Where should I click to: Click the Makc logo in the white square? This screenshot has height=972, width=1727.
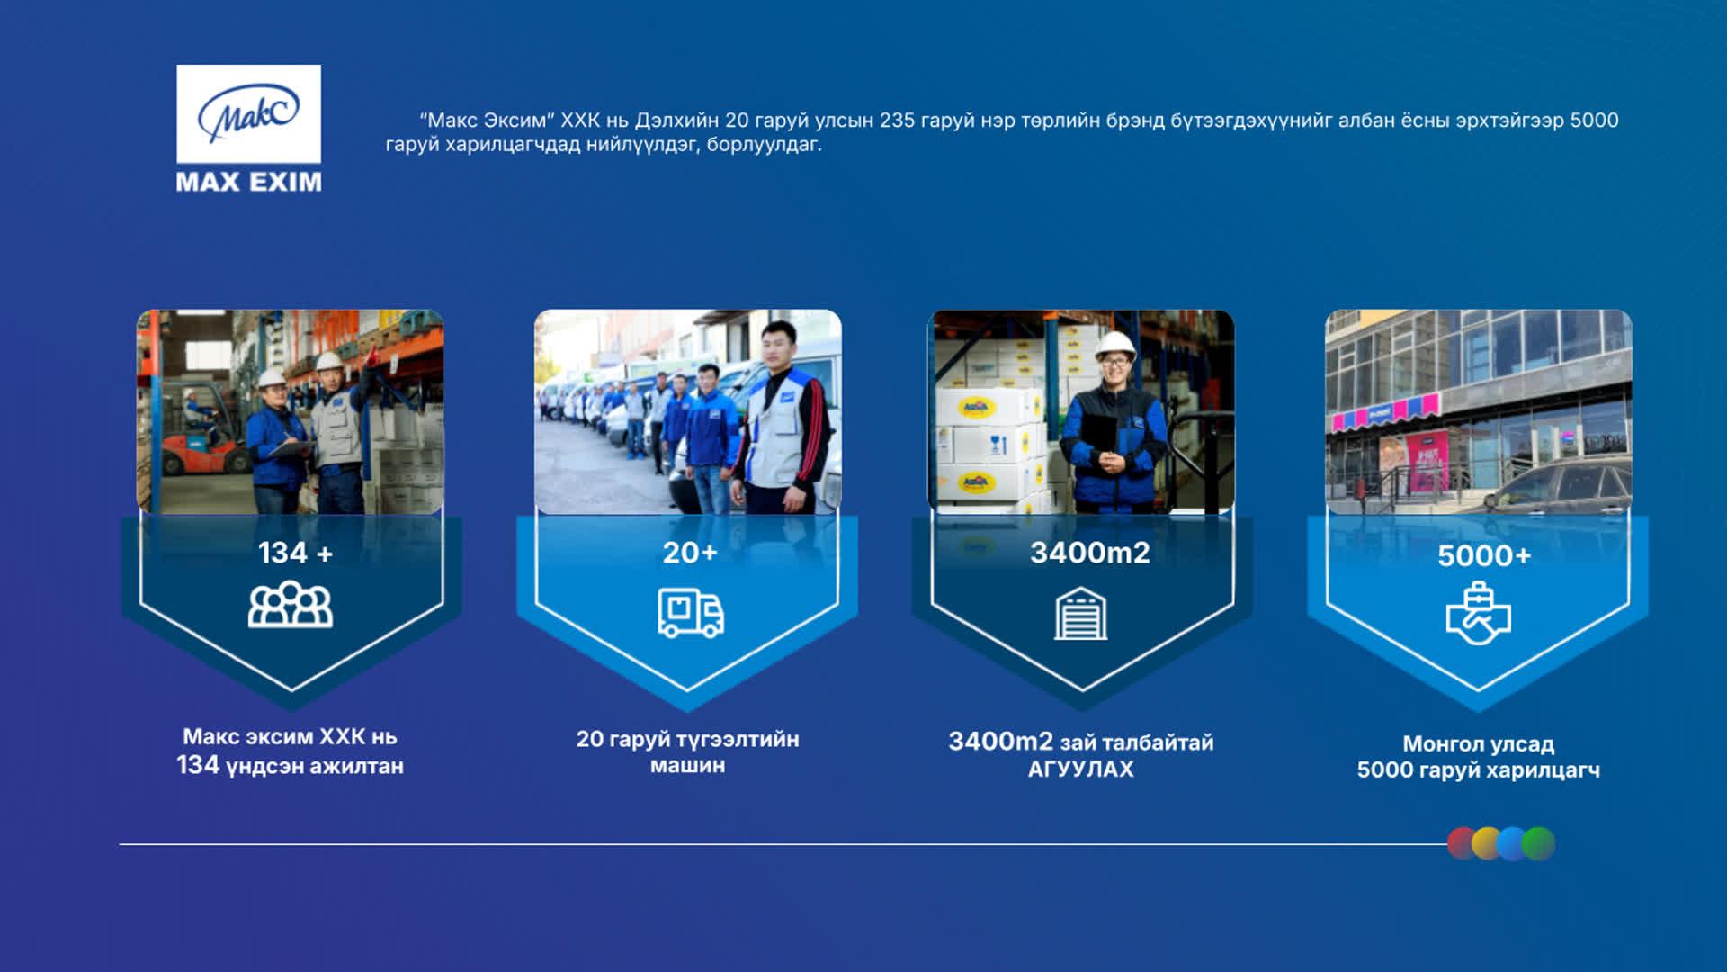248,113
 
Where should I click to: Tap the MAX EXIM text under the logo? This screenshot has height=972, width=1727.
249,182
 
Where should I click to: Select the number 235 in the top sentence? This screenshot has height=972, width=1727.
897,121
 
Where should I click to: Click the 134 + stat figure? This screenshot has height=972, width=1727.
295,553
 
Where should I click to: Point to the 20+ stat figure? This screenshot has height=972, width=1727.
690,553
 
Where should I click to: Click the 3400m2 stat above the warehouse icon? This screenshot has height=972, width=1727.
1089,553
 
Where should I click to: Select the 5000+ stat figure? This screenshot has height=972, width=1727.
1484,556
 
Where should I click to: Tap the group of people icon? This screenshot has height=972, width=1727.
291,604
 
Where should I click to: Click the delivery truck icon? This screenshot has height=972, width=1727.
691,613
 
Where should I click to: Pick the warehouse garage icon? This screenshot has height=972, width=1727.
1081,613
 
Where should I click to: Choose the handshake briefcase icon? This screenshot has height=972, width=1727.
1478,614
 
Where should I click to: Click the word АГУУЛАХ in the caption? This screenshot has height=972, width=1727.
1080,769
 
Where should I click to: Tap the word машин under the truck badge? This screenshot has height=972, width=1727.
687,766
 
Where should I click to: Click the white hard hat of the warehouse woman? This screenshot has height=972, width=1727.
1116,345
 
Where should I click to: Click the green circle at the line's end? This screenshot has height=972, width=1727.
1539,843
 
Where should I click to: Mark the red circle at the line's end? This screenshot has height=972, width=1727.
1463,843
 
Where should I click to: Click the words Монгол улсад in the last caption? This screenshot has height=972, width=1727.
1478,744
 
